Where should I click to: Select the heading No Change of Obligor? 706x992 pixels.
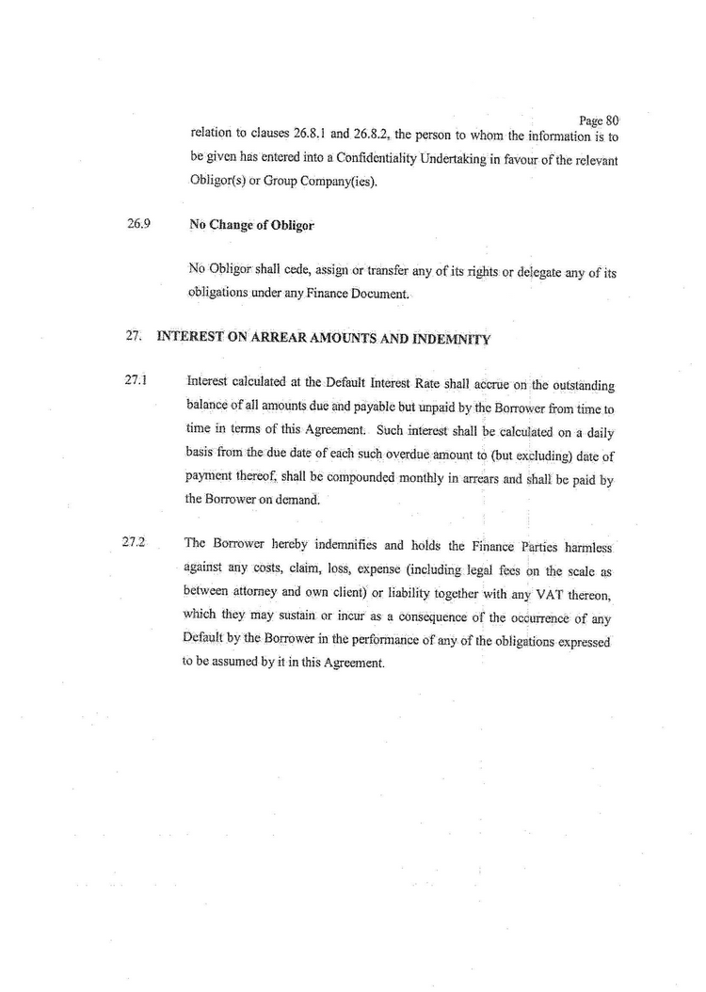tap(251, 226)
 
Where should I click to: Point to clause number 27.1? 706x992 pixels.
tap(137, 381)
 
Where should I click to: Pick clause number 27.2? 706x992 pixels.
tap(137, 543)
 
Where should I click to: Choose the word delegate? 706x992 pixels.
tap(506, 273)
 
